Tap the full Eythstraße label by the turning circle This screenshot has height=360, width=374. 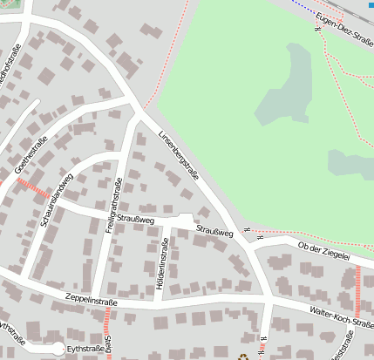tap(86, 349)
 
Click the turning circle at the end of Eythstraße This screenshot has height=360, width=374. tap(58, 349)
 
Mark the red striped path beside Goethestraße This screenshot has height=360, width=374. tap(32, 186)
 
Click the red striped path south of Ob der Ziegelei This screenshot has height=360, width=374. tap(357, 292)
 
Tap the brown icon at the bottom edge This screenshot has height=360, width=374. tap(244, 356)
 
